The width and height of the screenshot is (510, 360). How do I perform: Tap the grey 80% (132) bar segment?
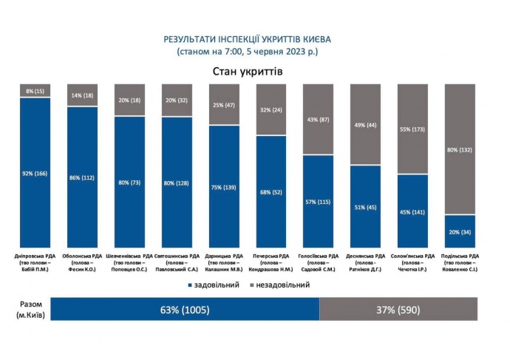pyautogui.click(x=460, y=149)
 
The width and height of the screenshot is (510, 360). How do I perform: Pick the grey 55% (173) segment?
pyautogui.click(x=413, y=129)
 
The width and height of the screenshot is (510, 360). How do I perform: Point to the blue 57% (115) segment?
pyautogui.click(x=319, y=201)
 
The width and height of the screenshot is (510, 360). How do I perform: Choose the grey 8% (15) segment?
pyautogui.click(x=35, y=91)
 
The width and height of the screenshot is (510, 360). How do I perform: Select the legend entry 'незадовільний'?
pyautogui.click(x=284, y=285)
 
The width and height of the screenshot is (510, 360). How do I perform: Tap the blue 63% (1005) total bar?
pyautogui.click(x=185, y=310)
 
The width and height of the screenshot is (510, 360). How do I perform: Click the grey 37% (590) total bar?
pyautogui.click(x=398, y=310)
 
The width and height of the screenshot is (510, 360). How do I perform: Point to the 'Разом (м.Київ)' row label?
pyautogui.click(x=31, y=310)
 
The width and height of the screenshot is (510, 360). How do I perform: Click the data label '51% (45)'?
pyautogui.click(x=366, y=206)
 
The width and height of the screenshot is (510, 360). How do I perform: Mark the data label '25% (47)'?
pyautogui.click(x=224, y=105)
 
